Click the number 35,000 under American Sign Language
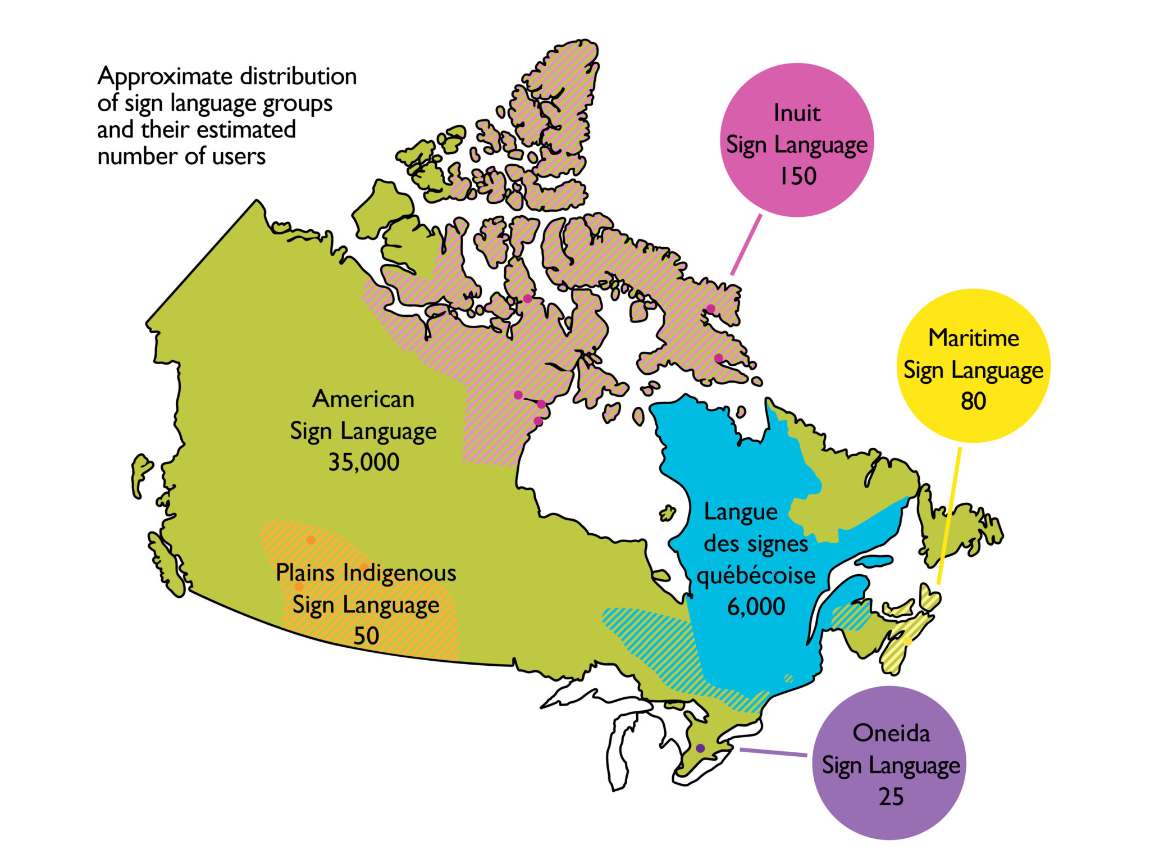(363, 462)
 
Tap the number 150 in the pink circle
(797, 176)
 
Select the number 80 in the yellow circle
(973, 402)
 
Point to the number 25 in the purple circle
(891, 797)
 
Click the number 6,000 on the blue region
(756, 607)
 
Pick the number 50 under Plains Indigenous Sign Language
(366, 636)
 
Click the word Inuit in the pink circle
(797, 113)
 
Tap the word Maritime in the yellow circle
(973, 338)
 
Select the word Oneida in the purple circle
(891, 733)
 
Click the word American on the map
(363, 399)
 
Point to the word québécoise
(756, 576)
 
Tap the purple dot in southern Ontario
(700, 748)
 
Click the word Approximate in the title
(165, 77)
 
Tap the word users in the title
(239, 157)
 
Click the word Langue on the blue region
(741, 512)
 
